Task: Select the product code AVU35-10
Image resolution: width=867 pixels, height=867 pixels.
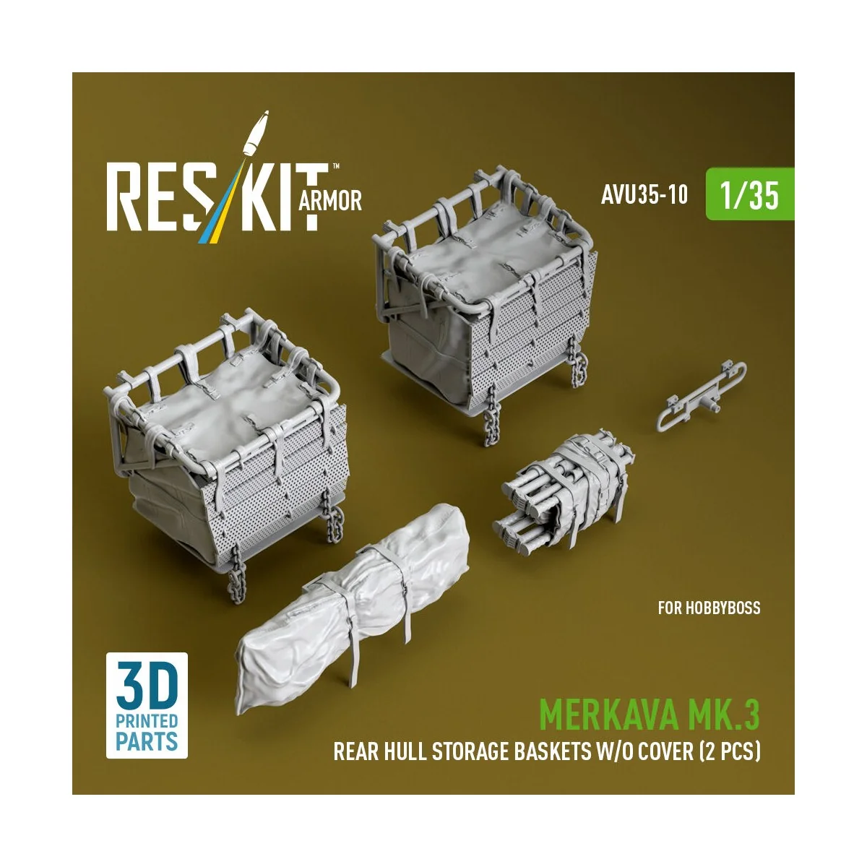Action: click(644, 196)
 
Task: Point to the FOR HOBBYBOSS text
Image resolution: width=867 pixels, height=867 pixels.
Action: click(709, 608)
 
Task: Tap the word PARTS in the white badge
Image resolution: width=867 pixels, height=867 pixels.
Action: click(147, 741)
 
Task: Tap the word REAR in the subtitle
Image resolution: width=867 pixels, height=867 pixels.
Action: click(357, 752)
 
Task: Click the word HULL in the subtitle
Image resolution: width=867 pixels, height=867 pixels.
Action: click(405, 752)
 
